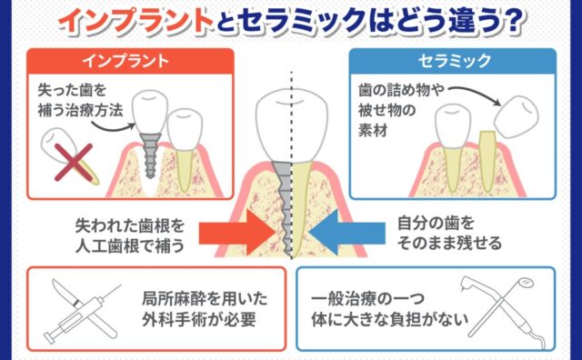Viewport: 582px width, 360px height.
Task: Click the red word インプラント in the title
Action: (x=136, y=21)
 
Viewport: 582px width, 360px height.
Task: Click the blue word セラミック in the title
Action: (x=304, y=21)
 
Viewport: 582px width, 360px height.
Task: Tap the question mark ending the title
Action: (x=512, y=22)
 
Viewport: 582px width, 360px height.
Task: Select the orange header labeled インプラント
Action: (x=130, y=61)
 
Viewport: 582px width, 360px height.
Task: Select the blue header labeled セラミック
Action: (x=453, y=61)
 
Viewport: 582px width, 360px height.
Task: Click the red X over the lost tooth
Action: (x=74, y=163)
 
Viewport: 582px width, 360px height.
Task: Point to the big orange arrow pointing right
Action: (x=236, y=233)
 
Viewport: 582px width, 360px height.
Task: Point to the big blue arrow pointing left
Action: (x=346, y=233)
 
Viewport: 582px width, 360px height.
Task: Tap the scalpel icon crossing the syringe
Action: (x=84, y=308)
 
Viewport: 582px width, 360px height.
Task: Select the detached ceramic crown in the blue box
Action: (x=517, y=116)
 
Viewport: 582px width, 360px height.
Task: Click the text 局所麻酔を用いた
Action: (x=205, y=299)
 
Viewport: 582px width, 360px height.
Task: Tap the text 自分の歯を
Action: (x=436, y=224)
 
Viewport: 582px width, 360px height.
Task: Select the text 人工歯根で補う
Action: (x=130, y=246)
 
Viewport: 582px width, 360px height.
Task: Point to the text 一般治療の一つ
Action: (x=367, y=299)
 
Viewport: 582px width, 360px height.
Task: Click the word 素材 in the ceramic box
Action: (x=373, y=130)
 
